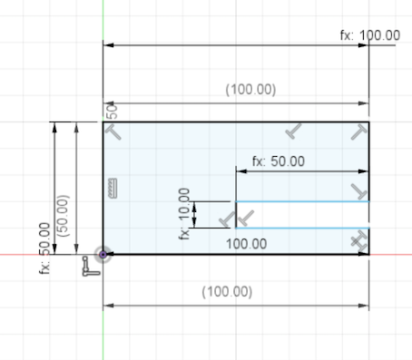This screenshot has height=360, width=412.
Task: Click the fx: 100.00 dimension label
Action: (370, 35)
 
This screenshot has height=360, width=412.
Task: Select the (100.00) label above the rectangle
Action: (250, 90)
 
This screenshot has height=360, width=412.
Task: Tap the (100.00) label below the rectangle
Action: (227, 292)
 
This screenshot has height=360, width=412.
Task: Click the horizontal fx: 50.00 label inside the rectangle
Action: (279, 161)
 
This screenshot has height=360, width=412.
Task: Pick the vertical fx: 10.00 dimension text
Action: (184, 214)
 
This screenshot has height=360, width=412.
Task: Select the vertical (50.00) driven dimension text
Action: (63, 216)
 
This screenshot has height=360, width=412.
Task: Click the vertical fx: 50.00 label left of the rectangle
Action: (44, 248)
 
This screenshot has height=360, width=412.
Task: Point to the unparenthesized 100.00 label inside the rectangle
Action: (246, 244)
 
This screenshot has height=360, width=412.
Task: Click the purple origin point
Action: (103, 255)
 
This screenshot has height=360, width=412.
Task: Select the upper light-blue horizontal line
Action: (302, 201)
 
